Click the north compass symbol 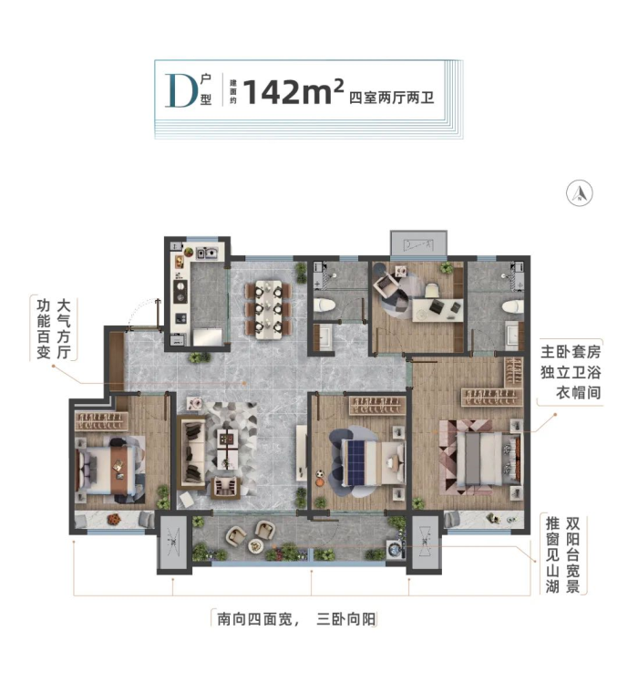click(580, 193)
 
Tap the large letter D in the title click(180, 90)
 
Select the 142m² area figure click(293, 91)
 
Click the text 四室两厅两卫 click(391, 98)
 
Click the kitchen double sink click(207, 253)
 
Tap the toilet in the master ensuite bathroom click(513, 306)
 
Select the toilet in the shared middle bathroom click(324, 305)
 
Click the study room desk click(438, 309)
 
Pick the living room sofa click(191, 452)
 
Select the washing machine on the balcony click(395, 549)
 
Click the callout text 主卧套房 click(571, 352)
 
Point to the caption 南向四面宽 click(254, 619)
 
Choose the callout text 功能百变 click(43, 329)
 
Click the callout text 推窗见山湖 click(552, 554)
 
